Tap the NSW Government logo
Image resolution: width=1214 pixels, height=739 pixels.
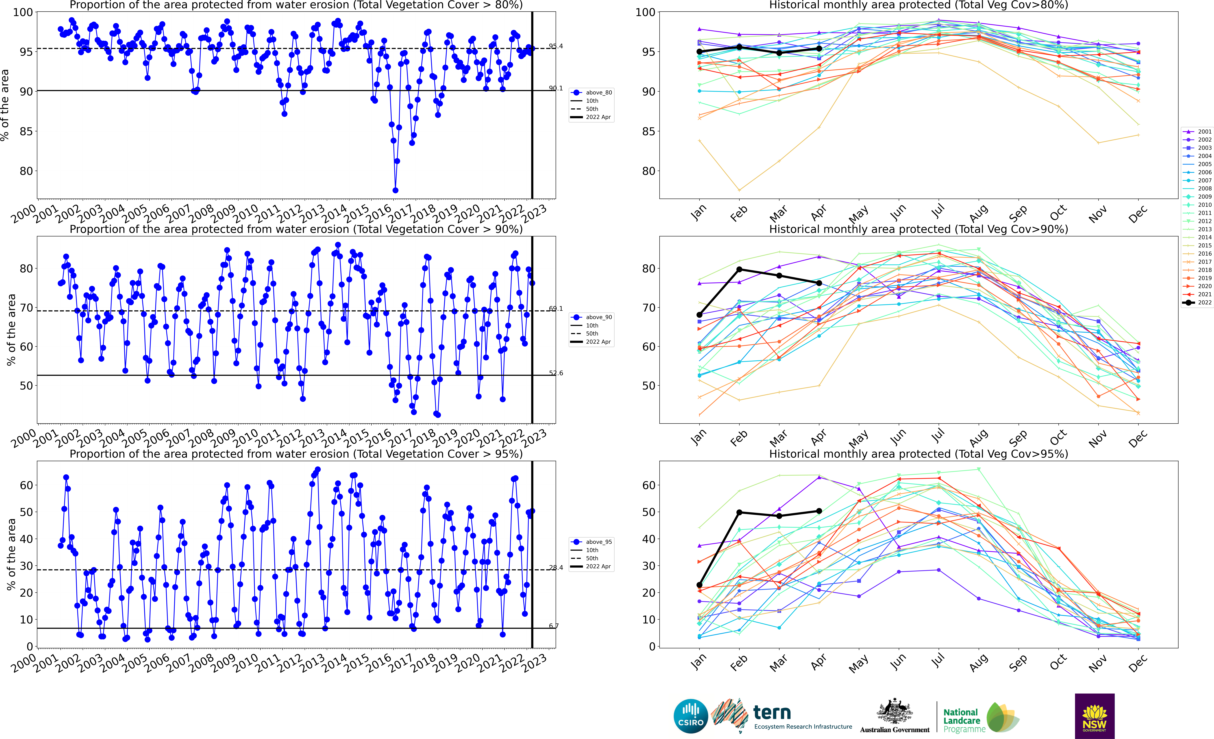[1094, 716]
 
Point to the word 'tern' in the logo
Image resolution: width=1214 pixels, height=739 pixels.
[772, 712]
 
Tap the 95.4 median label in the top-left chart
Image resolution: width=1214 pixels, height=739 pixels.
[556, 46]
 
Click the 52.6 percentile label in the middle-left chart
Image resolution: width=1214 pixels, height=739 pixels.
[556, 373]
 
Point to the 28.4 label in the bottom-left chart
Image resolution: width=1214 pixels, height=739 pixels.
[556, 567]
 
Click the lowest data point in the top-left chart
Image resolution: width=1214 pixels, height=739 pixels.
[395, 190]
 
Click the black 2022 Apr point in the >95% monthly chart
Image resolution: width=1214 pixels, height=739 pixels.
[819, 511]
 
